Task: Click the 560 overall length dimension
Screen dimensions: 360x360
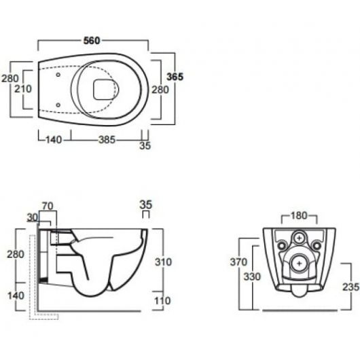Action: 92,41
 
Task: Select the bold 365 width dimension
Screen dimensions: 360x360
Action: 175,77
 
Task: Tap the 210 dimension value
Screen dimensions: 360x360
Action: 23,89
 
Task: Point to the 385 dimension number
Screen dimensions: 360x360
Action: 107,140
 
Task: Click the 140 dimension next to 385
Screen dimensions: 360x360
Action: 54,140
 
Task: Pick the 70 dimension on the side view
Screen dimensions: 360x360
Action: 48,206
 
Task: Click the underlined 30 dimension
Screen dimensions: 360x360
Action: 33,217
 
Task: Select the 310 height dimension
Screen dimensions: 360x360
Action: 163,262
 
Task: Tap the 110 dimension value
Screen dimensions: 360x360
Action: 162,300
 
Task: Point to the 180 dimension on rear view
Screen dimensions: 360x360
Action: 299,215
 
